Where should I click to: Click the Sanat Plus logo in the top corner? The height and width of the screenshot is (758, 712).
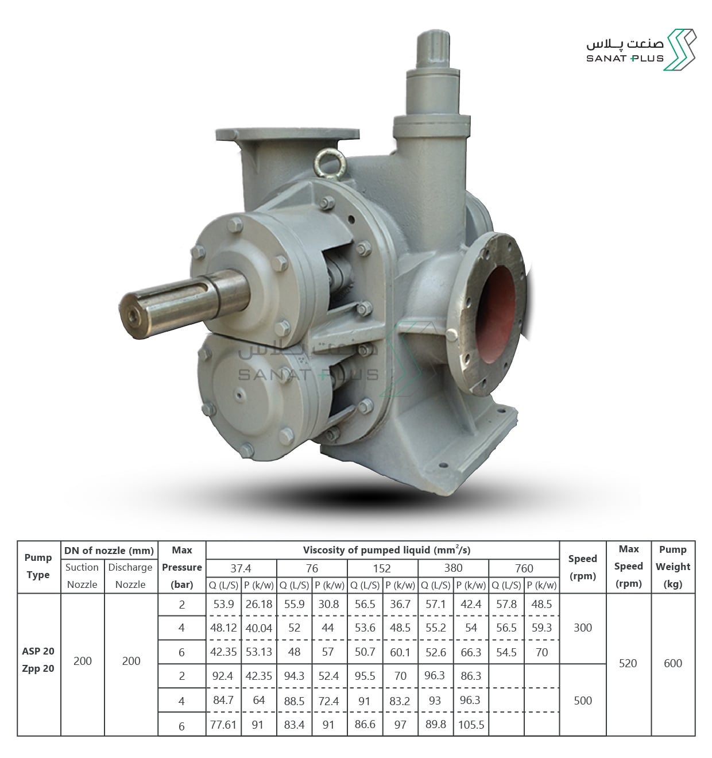tap(641, 50)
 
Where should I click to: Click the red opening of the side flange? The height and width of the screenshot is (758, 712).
tap(495, 314)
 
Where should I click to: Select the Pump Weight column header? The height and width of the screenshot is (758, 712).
tap(673, 567)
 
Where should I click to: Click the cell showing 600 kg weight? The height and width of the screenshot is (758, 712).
tap(673, 663)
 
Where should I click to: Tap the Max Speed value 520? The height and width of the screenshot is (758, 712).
tap(628, 663)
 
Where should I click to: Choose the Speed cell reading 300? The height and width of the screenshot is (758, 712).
tap(583, 628)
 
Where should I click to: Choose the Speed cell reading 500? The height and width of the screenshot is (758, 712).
tap(583, 701)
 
